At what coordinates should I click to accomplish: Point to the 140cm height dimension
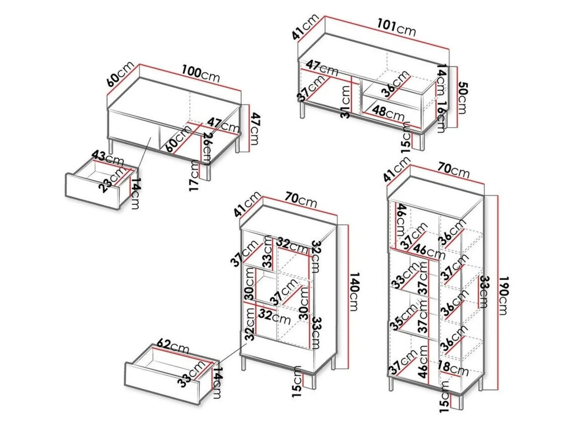point(354,291)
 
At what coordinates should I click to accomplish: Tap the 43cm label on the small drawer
point(108,158)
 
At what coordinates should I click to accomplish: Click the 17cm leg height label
point(194,176)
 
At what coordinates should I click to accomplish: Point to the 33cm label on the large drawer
point(192,374)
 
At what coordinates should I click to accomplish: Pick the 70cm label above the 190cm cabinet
point(453,170)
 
